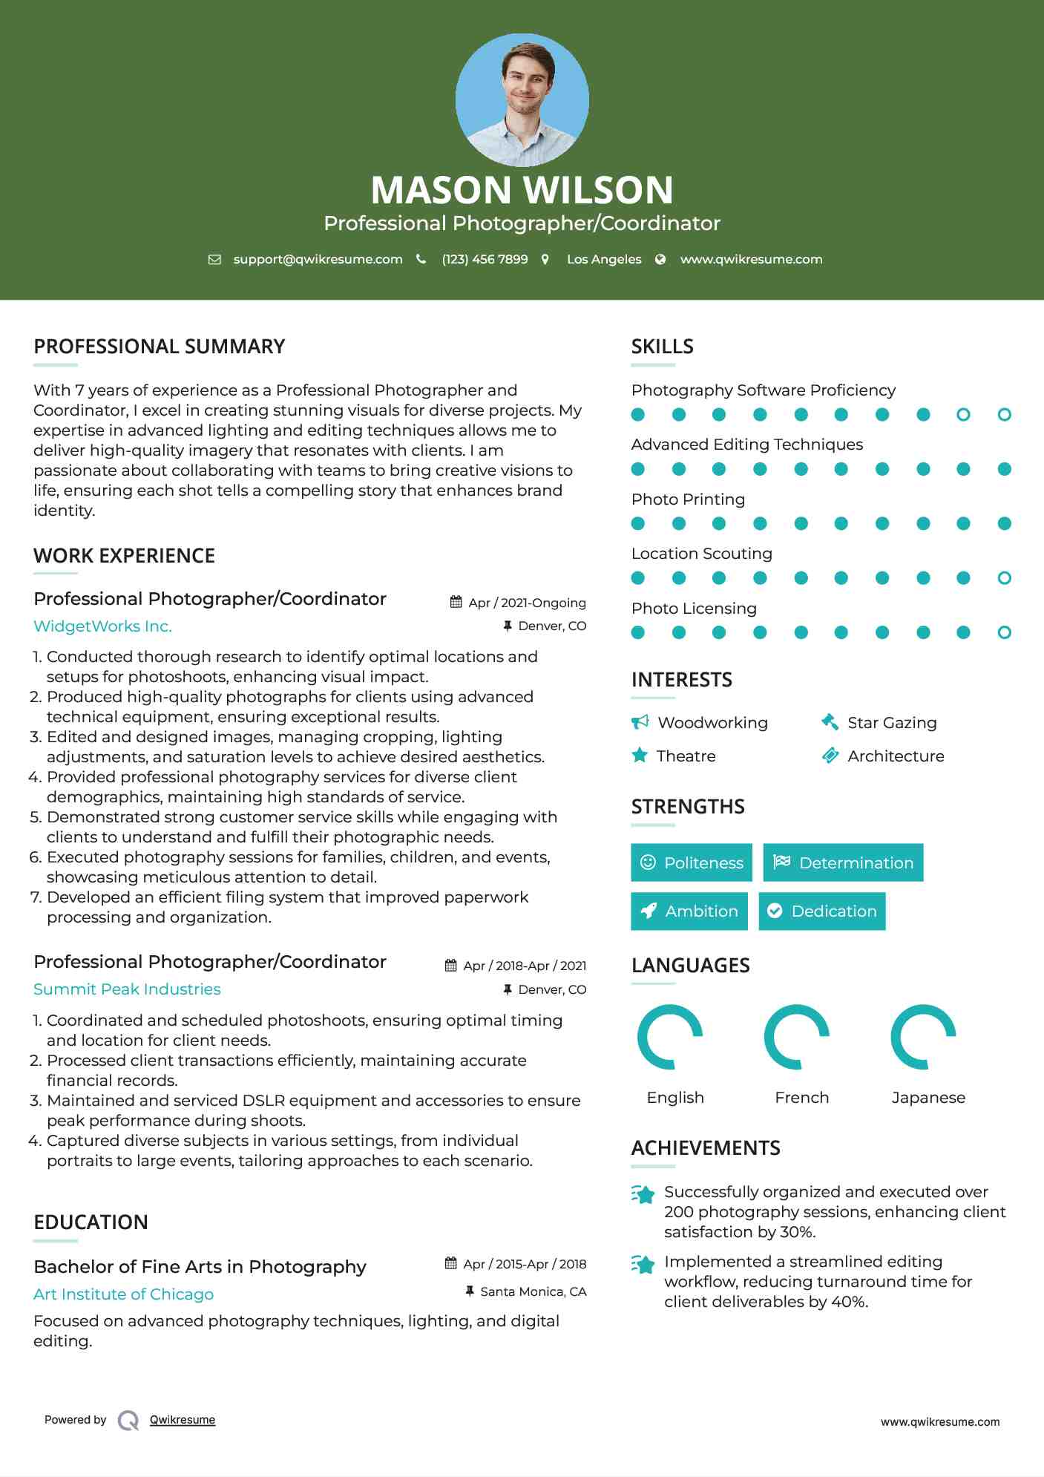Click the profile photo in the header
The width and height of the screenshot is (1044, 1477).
522,99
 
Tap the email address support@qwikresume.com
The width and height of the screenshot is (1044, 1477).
318,259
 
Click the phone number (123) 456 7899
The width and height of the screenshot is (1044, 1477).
485,259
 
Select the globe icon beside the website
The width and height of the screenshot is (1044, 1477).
660,259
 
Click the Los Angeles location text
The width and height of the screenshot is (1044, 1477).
604,259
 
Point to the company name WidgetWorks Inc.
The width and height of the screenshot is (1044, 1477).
102,626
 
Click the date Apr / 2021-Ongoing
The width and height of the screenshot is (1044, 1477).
527,603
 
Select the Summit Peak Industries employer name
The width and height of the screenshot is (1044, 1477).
127,989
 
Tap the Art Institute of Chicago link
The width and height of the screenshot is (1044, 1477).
123,1294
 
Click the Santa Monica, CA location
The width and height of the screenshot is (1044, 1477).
533,1291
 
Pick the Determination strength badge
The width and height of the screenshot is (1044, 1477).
843,862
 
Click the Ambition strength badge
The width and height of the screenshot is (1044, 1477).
689,911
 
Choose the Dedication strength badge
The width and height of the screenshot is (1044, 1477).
822,911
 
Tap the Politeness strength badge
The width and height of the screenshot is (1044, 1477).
692,862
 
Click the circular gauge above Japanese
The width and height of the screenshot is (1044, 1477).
923,1037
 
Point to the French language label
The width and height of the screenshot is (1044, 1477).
801,1098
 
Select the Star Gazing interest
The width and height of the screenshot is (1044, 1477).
892,723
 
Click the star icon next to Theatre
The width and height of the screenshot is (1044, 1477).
640,756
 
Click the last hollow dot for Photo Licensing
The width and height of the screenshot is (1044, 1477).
1004,632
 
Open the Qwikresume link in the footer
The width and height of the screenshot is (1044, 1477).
183,1420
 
